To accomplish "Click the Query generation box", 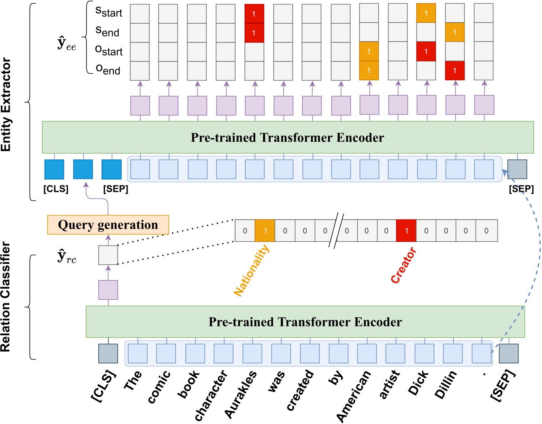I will pos(108,225).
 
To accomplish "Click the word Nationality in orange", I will pos(252,270).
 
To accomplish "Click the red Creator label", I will pos(403,265).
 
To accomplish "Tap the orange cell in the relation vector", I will pos(265,230).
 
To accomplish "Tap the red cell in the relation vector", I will pos(406,230).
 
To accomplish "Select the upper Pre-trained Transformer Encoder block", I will pos(288,137).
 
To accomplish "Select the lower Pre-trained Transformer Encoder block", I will pos(305,322).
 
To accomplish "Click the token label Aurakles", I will pos(241,394).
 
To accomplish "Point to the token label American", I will pos(353,396).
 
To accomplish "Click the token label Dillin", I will pos(446,384).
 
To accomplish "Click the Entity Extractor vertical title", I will pos(6,104).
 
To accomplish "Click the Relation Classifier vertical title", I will pos(6,296).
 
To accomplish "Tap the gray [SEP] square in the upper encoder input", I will pos(517,169).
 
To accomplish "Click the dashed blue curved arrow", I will pos(538,251).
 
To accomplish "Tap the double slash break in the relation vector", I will pos(336,231).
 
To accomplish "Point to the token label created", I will pos(300,390).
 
